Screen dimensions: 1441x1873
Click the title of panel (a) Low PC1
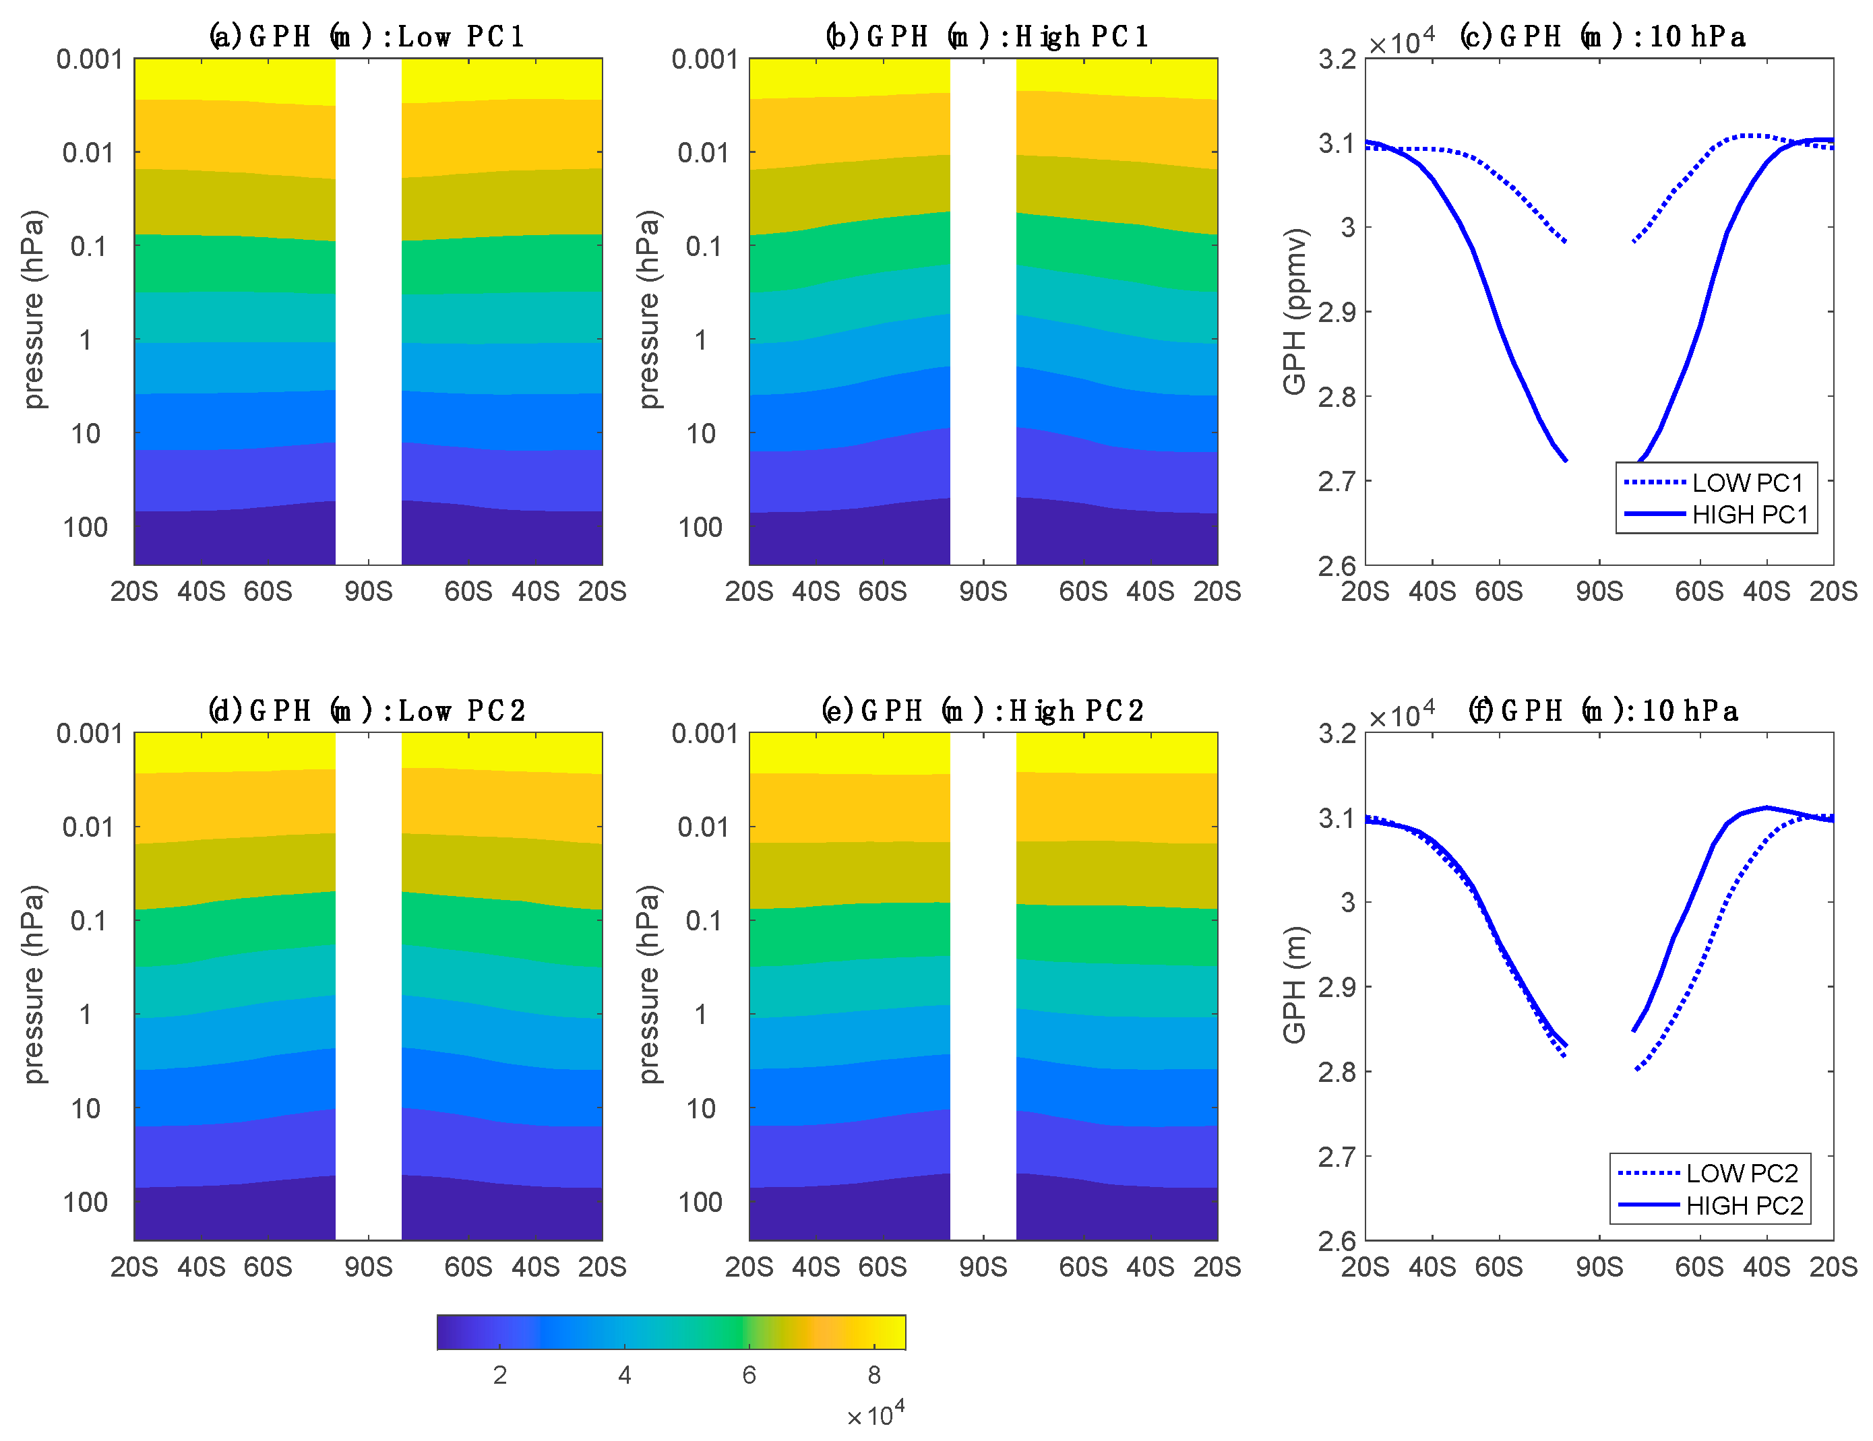click(367, 36)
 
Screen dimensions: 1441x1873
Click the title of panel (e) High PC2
click(983, 711)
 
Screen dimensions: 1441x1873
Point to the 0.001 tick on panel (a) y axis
click(89, 59)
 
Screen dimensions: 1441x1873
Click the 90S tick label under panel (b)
click(983, 591)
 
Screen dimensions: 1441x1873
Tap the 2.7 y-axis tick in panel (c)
click(1337, 482)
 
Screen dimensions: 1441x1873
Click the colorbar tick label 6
click(749, 1375)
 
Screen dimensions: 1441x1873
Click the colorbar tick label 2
click(500, 1375)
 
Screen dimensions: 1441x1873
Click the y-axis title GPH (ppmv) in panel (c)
click(1294, 311)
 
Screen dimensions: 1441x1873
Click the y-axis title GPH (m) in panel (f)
click(1294, 986)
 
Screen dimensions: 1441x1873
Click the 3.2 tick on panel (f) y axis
click(1337, 734)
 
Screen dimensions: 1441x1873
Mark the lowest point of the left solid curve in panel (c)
click(1566, 460)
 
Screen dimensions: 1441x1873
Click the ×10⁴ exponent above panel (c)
click(1401, 41)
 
